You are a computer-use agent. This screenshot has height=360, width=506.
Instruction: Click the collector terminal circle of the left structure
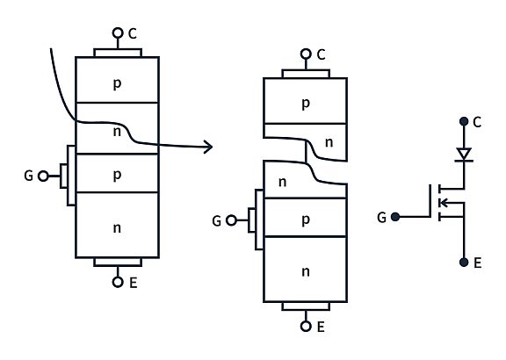[x=117, y=33]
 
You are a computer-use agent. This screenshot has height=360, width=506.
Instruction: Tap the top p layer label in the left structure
[x=117, y=83]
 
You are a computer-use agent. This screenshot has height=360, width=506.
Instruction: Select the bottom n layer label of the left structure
[x=117, y=227]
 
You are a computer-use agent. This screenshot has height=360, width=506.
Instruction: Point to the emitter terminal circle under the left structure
[x=117, y=282]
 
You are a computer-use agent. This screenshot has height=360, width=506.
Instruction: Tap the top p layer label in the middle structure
[x=305, y=103]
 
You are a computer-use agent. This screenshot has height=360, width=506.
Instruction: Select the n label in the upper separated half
[x=329, y=141]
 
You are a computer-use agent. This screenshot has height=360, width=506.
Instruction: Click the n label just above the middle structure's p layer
[x=283, y=182]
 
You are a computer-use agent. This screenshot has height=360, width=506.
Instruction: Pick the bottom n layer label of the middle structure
[x=305, y=271]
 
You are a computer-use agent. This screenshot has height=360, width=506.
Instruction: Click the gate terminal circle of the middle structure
[x=231, y=220]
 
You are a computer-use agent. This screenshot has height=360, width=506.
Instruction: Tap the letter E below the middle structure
[x=321, y=327]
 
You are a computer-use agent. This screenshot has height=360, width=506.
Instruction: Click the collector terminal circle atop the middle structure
[x=306, y=54]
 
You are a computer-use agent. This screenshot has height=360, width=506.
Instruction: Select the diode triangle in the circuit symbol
[x=463, y=155]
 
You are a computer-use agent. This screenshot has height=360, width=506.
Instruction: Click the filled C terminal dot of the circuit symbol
[x=463, y=121]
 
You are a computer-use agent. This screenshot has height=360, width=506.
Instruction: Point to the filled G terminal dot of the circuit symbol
[x=394, y=216]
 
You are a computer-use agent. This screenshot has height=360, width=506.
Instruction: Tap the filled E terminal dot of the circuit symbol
[x=463, y=262]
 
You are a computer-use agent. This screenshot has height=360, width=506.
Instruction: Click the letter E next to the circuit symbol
[x=478, y=262]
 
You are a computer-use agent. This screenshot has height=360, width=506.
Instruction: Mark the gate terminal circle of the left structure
[x=44, y=176]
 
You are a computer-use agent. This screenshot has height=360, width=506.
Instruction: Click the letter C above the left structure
[x=133, y=33]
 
